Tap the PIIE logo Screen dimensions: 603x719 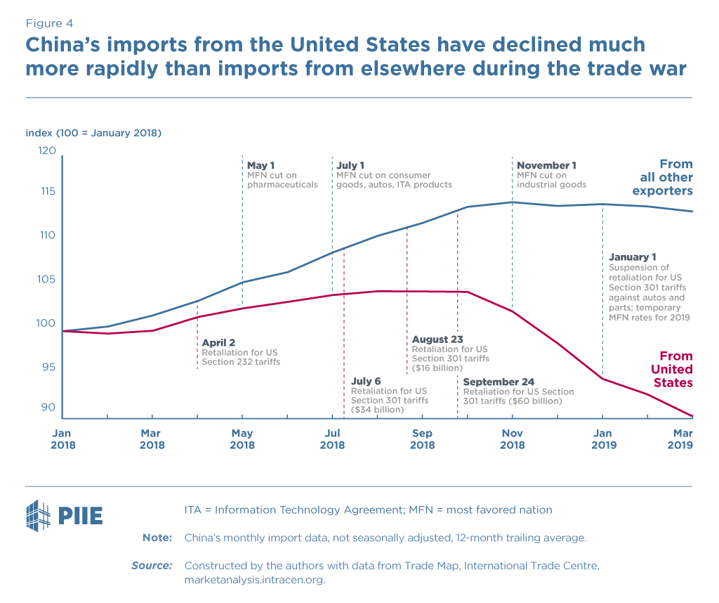64,514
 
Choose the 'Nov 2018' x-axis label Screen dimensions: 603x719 512,439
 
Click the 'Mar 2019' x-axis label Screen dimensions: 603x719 679,439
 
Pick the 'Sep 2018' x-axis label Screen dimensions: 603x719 422,439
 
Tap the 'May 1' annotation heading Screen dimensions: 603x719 260,166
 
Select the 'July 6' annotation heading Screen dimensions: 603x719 367,382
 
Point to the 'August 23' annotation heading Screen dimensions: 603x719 437,339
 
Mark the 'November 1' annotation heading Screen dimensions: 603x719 546,166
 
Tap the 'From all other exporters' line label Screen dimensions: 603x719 662,177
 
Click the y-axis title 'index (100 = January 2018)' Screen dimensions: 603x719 94,132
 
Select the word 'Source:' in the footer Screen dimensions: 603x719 152,565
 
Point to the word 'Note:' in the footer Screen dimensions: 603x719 157,538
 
